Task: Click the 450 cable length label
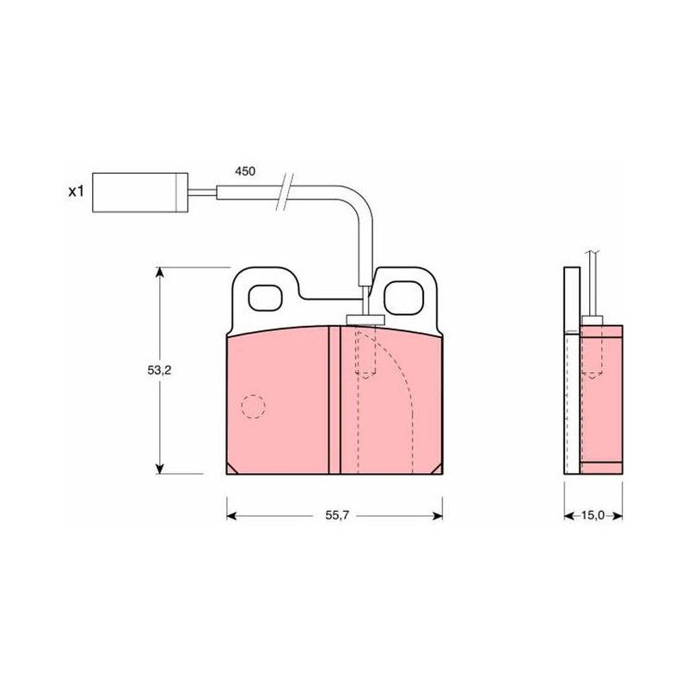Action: pyautogui.click(x=245, y=171)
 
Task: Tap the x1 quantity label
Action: pyautogui.click(x=76, y=191)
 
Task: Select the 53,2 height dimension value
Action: pyautogui.click(x=159, y=371)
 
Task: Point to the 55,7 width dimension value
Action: pyautogui.click(x=337, y=515)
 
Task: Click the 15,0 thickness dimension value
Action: pyautogui.click(x=593, y=515)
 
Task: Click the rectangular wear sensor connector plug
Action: pyautogui.click(x=140, y=192)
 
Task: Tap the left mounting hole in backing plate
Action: pyautogui.click(x=265, y=298)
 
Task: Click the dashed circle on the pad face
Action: pyautogui.click(x=253, y=406)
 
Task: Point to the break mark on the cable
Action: pyautogui.click(x=285, y=192)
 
